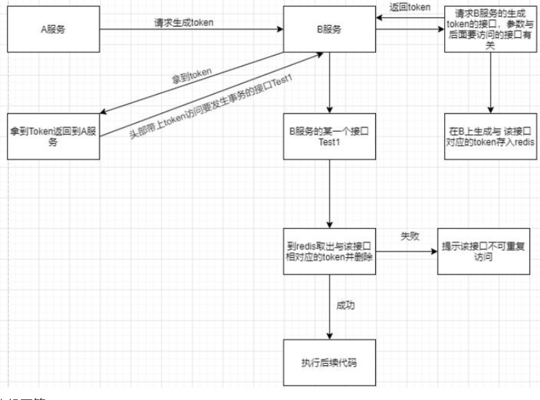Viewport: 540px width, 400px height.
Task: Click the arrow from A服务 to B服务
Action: point(189,29)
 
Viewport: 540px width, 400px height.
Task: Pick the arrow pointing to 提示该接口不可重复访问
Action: point(407,251)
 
